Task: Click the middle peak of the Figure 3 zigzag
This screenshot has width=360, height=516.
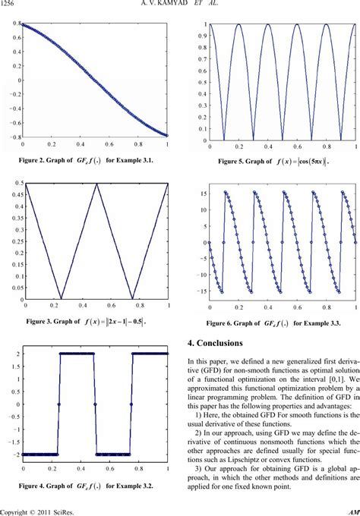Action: pos(96,184)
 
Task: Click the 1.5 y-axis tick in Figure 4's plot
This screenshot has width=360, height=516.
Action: pos(13,365)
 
